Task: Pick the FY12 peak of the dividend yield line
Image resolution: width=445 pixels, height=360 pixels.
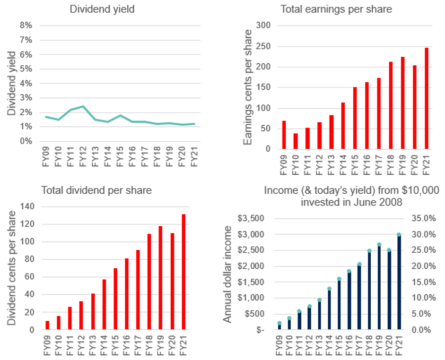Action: pyautogui.click(x=83, y=106)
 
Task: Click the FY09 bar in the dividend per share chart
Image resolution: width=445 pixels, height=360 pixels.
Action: pyautogui.click(x=48, y=326)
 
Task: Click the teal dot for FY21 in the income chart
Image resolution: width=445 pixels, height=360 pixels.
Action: pyautogui.click(x=399, y=234)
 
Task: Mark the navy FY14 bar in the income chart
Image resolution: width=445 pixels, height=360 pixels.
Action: pyautogui.click(x=329, y=310)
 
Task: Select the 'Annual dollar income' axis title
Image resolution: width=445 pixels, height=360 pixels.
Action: pyautogui.click(x=227, y=274)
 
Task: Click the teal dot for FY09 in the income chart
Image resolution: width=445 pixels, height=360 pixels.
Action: pyautogui.click(x=279, y=323)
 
